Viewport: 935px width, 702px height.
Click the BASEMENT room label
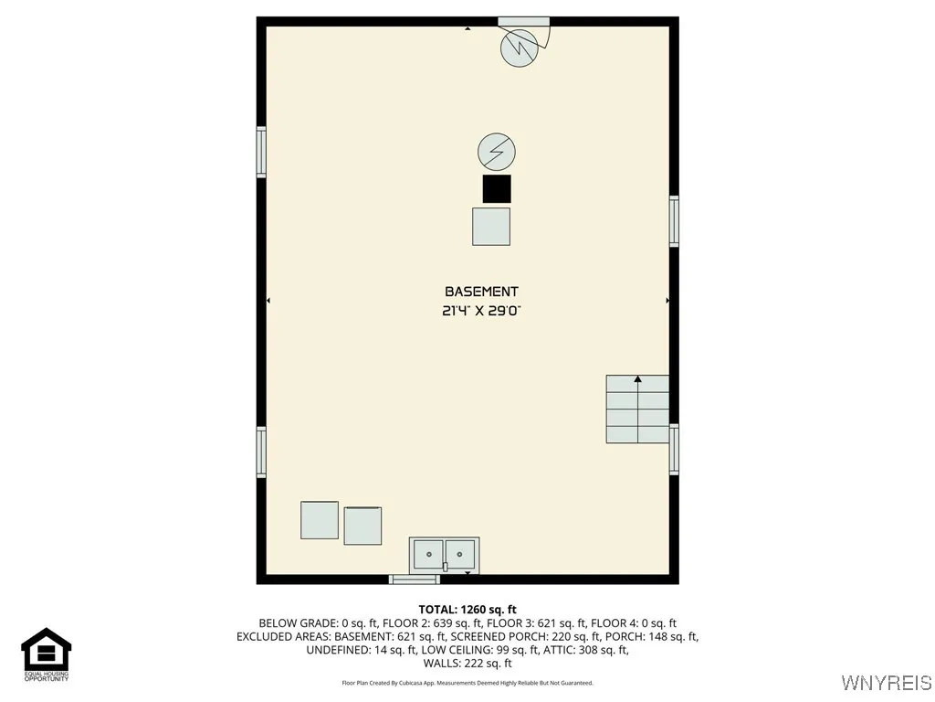tap(481, 292)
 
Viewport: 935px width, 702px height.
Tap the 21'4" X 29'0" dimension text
tap(481, 311)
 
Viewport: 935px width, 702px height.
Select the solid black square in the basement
tap(497, 188)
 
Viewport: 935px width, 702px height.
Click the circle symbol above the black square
tap(497, 151)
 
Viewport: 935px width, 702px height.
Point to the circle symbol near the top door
tap(519, 48)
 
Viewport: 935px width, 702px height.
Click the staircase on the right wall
tap(637, 409)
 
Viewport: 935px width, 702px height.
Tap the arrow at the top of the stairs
tap(637, 378)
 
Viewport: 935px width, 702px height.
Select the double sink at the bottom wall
tap(444, 554)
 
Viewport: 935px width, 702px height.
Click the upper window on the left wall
tap(261, 152)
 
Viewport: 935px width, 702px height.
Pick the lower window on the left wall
tap(261, 452)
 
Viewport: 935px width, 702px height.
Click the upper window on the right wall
tap(674, 221)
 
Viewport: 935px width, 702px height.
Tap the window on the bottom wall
tap(415, 579)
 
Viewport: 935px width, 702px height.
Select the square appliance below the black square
tap(491, 227)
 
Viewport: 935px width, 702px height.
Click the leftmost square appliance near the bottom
tap(320, 520)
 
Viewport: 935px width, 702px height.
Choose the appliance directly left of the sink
tap(362, 526)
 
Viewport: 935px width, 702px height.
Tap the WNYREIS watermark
tap(886, 683)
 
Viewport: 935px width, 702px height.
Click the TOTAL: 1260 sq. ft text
tap(467, 610)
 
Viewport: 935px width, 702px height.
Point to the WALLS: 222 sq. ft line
tap(467, 664)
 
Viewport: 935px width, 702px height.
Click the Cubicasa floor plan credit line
tap(467, 683)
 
